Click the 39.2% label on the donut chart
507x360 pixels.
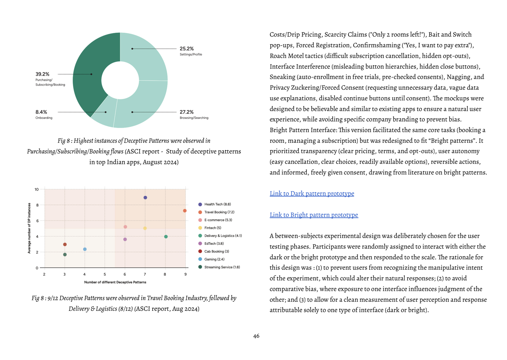42,74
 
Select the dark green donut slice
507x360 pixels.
87,74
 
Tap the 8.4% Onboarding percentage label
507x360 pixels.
41,112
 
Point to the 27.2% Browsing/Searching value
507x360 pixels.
186,112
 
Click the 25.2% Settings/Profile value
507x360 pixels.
186,49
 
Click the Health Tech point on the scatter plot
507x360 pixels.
145,197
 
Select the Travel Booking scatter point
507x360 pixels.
185,211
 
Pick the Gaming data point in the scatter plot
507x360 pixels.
85,249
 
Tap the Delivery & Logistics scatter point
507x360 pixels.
166,237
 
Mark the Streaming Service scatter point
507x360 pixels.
65,255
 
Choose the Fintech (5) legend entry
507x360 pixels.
212,228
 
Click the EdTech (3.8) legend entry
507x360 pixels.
214,243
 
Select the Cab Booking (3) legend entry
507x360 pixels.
216,252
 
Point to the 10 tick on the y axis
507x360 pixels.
37,189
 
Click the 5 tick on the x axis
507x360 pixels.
105,275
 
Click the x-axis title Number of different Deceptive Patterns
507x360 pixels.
115,282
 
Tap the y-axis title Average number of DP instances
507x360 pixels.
29,228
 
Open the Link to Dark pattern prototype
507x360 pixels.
312,194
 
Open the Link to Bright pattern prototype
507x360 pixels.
314,215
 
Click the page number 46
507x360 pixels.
256,336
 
